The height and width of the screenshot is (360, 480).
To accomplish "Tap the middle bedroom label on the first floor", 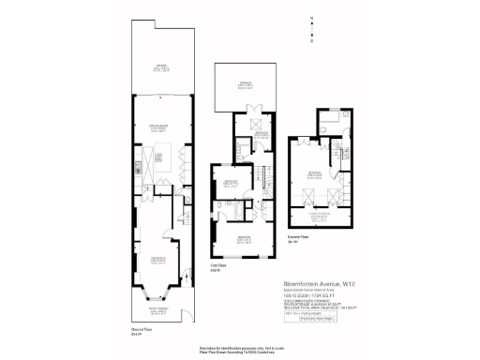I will click(231, 185).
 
